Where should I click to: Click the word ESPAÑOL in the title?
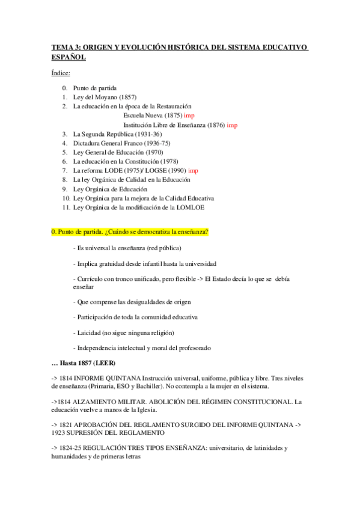[68, 57]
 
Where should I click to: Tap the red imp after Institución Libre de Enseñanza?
[233, 124]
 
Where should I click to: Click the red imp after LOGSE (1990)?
[193, 171]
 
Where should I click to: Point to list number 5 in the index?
[64, 152]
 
